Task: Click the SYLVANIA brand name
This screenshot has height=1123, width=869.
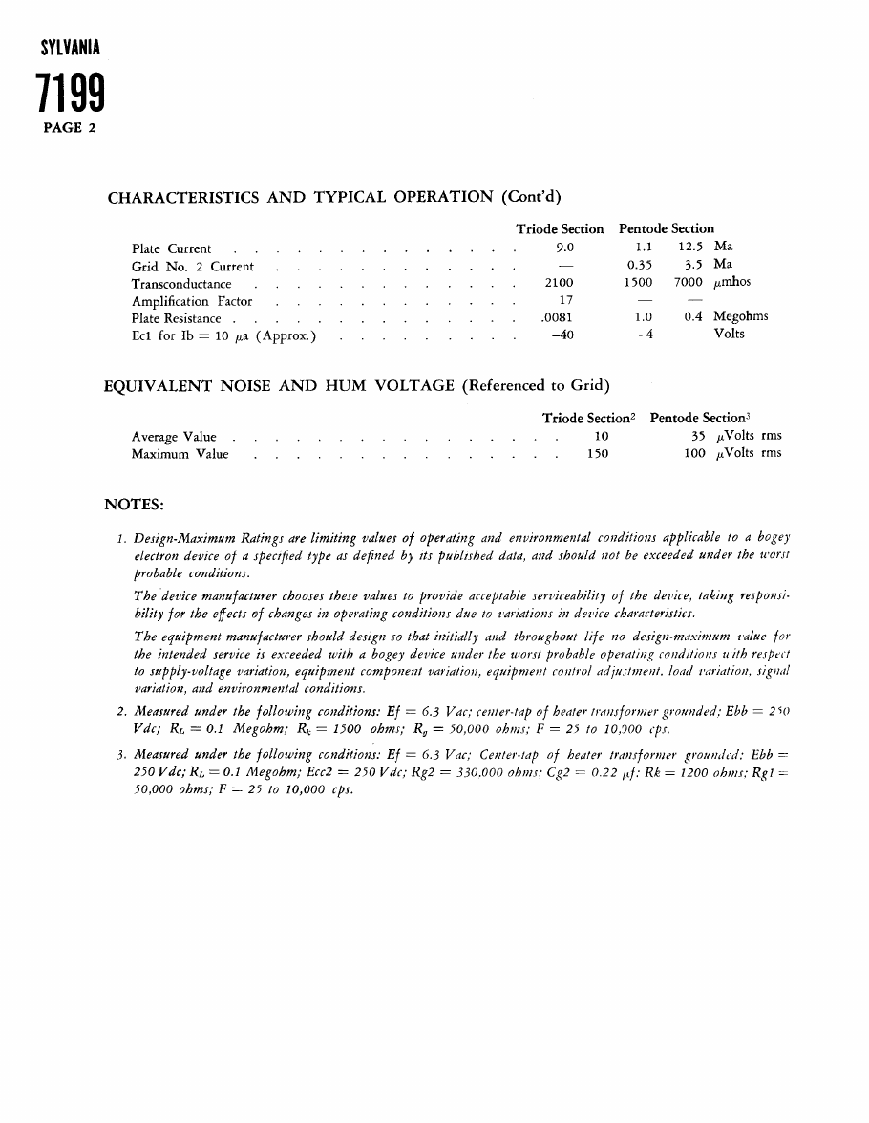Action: (x=72, y=48)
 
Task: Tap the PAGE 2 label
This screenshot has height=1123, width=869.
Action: (x=70, y=128)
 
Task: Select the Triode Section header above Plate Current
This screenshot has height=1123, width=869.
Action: (x=560, y=229)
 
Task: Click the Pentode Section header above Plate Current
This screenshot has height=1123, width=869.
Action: (x=666, y=229)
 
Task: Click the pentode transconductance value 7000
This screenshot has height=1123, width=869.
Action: (x=688, y=283)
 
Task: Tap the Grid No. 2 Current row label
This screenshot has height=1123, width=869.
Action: (x=193, y=267)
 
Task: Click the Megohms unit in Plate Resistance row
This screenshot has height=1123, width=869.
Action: (x=740, y=317)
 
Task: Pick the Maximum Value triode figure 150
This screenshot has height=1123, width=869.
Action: (x=597, y=454)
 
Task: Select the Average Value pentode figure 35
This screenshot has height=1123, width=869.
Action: (x=698, y=437)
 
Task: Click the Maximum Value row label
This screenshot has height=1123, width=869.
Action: (x=180, y=455)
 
